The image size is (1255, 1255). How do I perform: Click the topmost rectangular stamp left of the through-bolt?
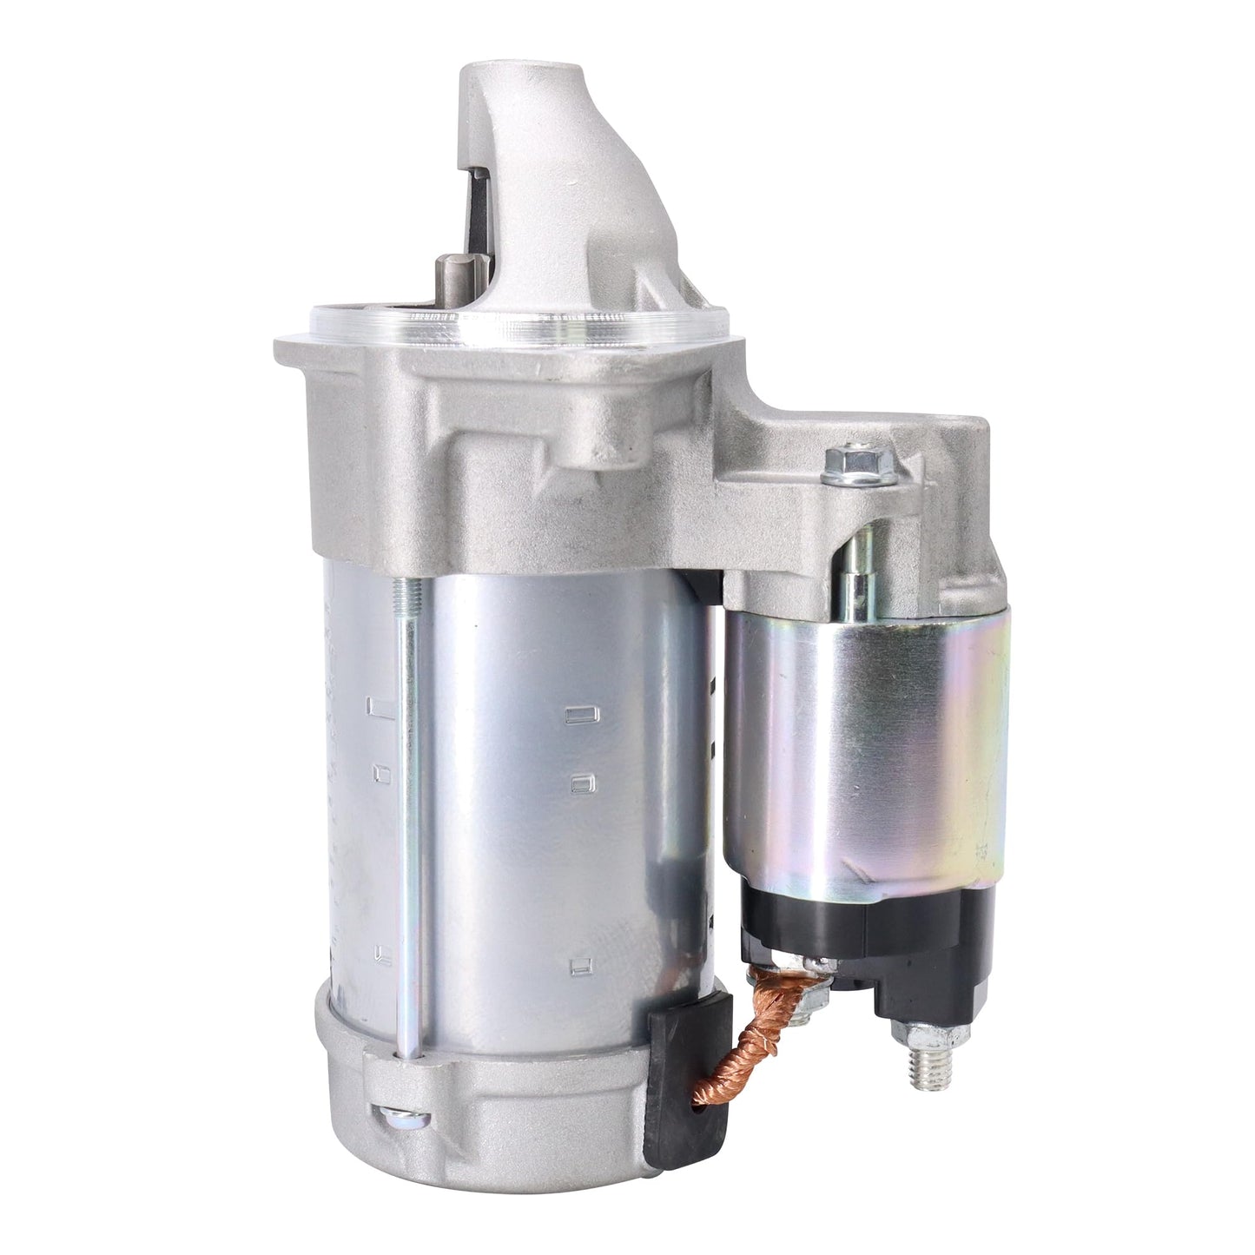378,705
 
